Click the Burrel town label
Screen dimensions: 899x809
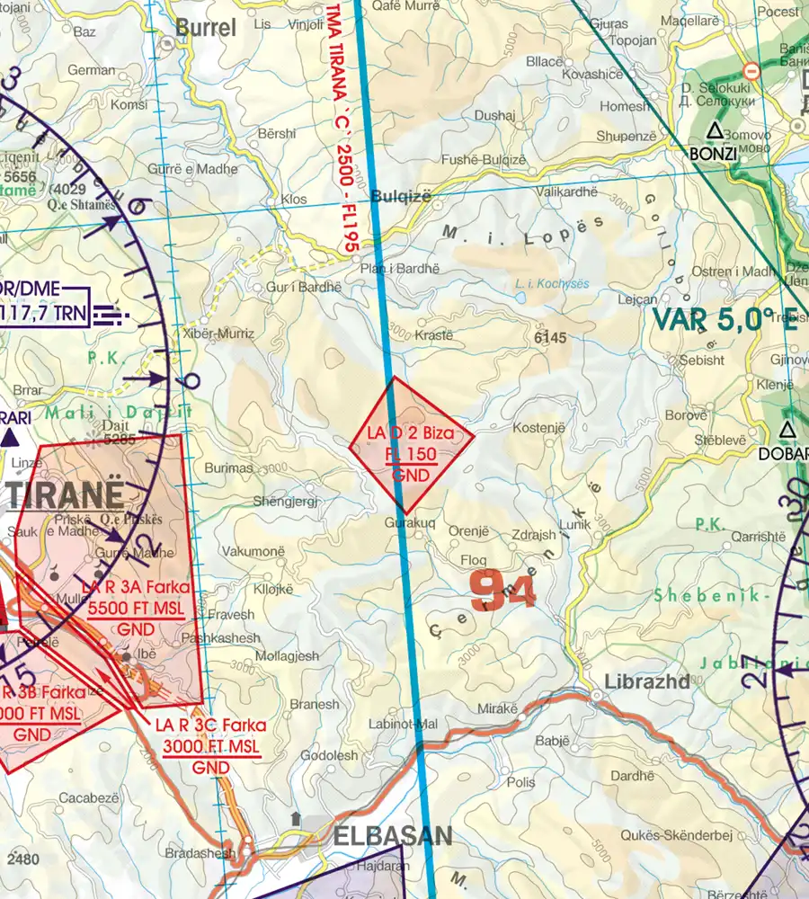click(206, 28)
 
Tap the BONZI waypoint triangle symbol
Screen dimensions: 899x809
click(714, 131)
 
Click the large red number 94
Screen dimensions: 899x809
click(502, 592)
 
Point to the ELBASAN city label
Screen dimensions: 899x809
click(392, 837)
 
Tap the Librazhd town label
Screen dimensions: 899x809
click(646, 681)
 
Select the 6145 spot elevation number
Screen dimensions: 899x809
click(549, 338)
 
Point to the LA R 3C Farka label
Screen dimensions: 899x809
click(210, 725)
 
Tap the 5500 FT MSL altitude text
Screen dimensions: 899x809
click(137, 609)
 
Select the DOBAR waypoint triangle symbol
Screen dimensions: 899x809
click(787, 430)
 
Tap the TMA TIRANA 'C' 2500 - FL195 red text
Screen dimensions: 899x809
click(342, 126)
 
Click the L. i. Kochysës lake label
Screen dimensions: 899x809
click(552, 283)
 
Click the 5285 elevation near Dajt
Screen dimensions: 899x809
click(120, 441)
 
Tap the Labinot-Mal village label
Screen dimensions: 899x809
click(403, 724)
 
